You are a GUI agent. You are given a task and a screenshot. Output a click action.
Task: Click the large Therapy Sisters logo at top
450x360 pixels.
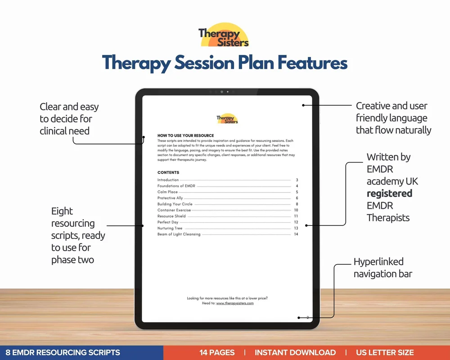pyautogui.click(x=224, y=35)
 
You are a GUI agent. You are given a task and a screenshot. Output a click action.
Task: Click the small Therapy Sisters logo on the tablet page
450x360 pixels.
pyautogui.click(x=227, y=119)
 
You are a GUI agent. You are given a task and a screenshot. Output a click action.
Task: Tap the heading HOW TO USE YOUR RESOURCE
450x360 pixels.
pyautogui.click(x=185, y=135)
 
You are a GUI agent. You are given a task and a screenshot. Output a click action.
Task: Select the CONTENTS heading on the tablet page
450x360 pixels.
pyautogui.click(x=168, y=172)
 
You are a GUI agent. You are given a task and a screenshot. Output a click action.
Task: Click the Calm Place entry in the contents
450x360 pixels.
pyautogui.click(x=167, y=192)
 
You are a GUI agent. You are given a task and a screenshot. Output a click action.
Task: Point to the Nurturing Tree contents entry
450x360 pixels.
pyautogui.click(x=170, y=228)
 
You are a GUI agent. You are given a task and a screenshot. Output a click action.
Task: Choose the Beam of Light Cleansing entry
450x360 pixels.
pyautogui.click(x=179, y=234)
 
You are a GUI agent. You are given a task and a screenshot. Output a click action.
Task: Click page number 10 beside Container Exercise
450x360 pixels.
pyautogui.click(x=296, y=210)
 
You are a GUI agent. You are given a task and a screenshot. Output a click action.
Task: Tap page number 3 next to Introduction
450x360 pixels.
pyautogui.click(x=297, y=180)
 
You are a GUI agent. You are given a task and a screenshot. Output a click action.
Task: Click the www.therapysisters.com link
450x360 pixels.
pyautogui.click(x=235, y=303)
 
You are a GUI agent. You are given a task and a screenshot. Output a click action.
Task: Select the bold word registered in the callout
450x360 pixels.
pyautogui.click(x=389, y=193)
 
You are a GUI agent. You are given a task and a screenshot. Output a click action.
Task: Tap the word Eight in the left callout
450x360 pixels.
pyautogui.click(x=62, y=211)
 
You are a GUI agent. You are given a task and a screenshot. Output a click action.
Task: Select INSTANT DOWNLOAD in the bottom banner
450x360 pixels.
pyautogui.click(x=295, y=352)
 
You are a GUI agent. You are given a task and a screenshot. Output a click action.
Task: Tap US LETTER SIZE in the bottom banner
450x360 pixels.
pyautogui.click(x=385, y=352)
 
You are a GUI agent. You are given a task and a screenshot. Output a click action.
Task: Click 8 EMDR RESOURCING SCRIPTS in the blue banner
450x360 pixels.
pyautogui.click(x=60, y=352)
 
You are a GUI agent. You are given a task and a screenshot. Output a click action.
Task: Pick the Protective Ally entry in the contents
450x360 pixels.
pyautogui.click(x=171, y=198)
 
